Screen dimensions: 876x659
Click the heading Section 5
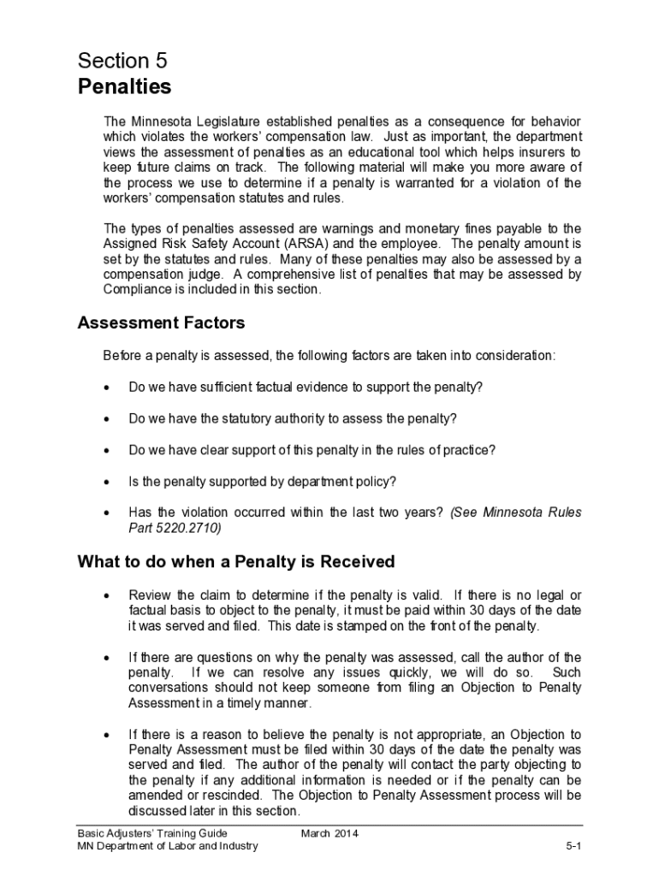pos(122,61)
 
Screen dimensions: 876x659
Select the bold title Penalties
pos(125,87)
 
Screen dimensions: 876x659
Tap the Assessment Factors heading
pos(161,323)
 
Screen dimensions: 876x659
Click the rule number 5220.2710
pos(187,529)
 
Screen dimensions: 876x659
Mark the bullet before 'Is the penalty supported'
pos(106,482)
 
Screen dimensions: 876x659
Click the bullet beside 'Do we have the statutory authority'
pos(106,419)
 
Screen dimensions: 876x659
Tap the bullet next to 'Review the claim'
pos(106,595)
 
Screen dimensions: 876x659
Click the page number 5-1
pos(573,847)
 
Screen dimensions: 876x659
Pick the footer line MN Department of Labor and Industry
pos(168,847)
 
